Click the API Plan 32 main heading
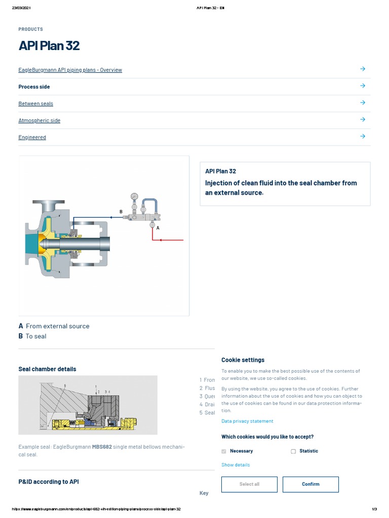point(49,46)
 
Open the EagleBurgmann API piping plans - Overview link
point(70,70)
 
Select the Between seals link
point(35,104)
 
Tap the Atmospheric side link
point(39,120)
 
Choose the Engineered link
point(32,138)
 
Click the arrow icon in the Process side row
point(363,86)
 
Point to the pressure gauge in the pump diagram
point(134,196)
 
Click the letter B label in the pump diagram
point(121,211)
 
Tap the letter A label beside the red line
point(158,228)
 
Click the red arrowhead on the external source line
point(161,240)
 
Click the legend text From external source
point(57,326)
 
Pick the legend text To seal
point(35,336)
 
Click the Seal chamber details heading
point(47,369)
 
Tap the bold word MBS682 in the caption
point(102,447)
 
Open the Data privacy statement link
point(247,421)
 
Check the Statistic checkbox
point(293,451)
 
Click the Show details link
point(236,465)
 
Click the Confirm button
point(310,484)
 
